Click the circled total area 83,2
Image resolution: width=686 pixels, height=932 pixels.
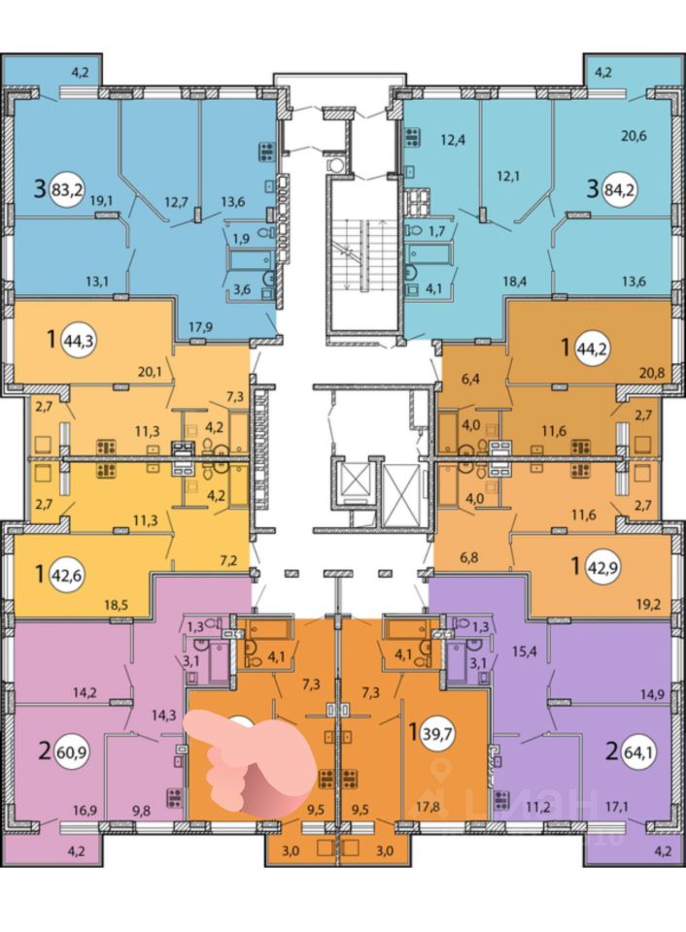(x=71, y=188)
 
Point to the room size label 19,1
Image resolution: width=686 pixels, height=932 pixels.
(x=100, y=202)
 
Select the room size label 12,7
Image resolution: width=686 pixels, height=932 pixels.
(x=176, y=202)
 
